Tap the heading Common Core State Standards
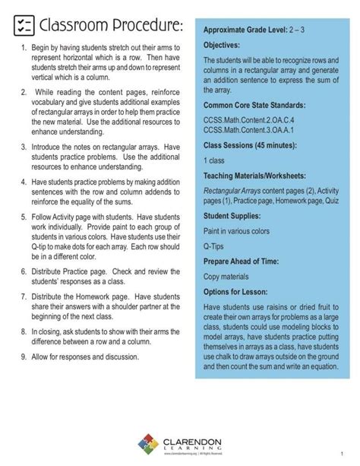[x=264, y=104]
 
